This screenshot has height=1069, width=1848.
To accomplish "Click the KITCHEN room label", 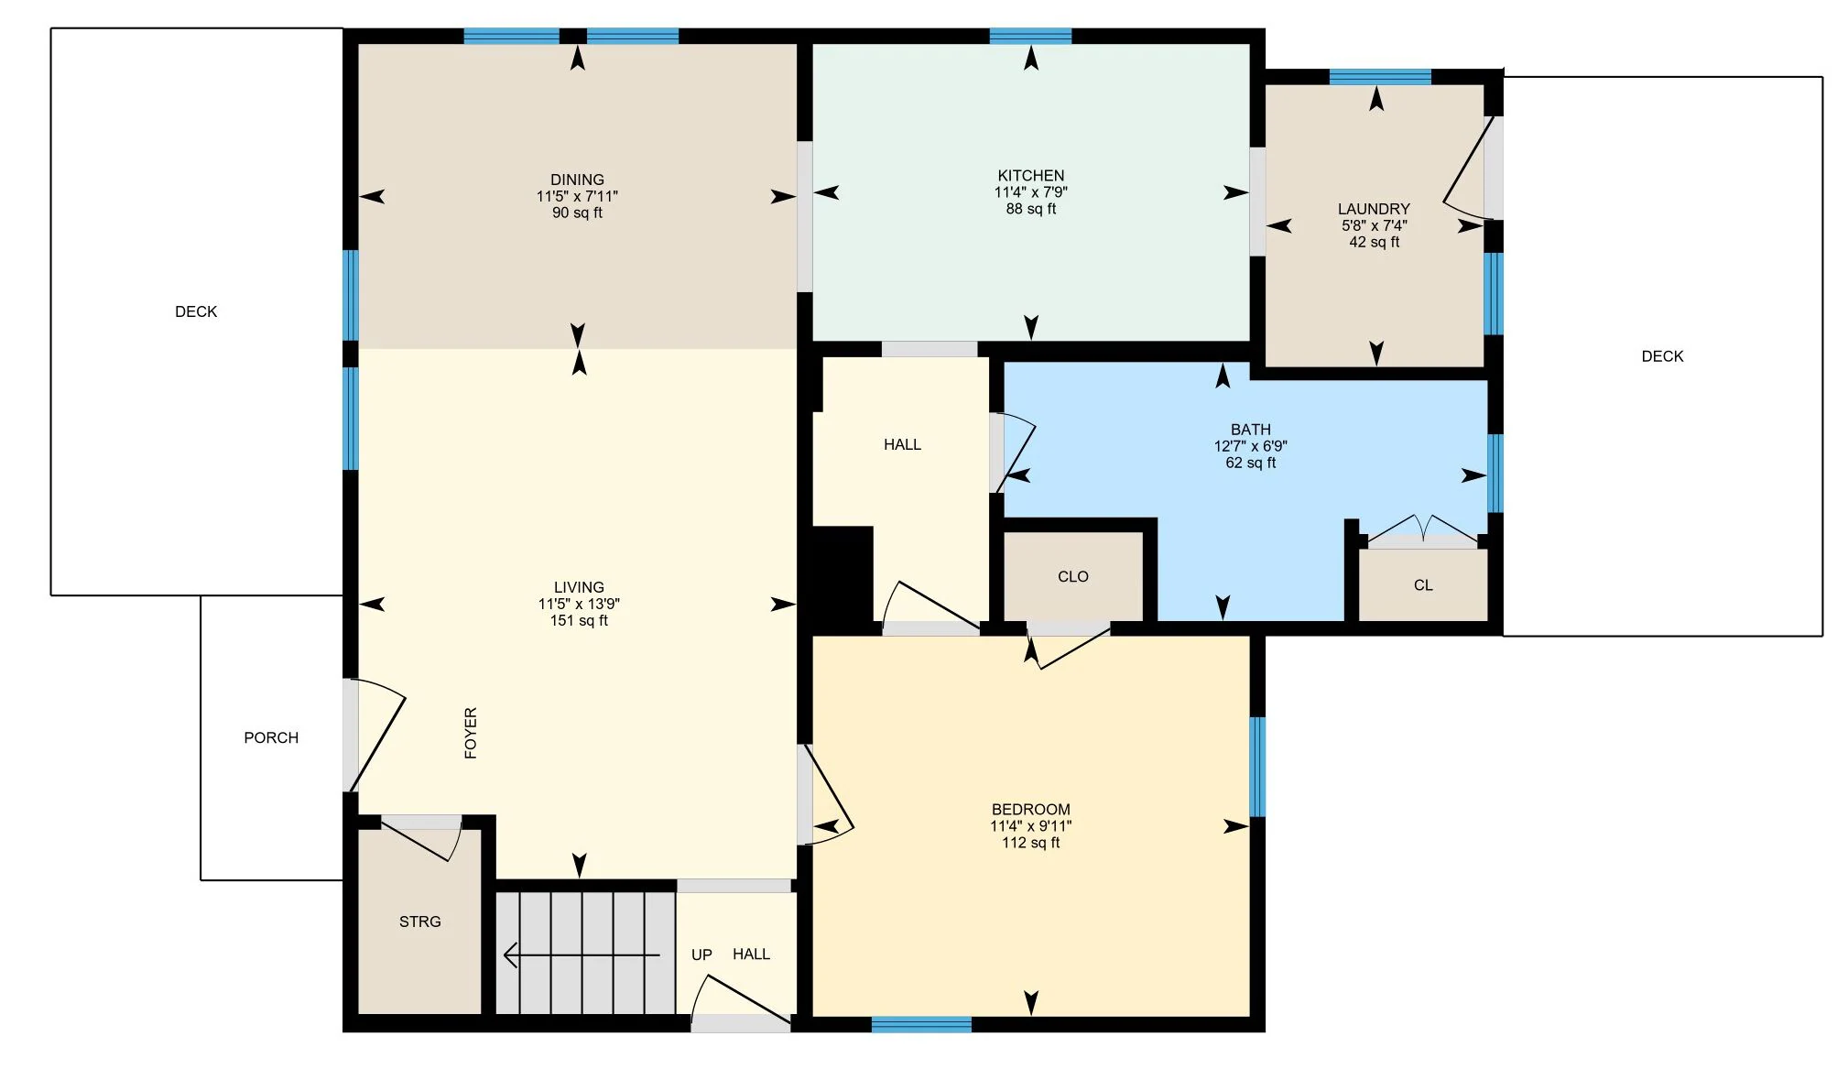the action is click(1030, 176).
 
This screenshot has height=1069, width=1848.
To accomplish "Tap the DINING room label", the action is click(577, 180).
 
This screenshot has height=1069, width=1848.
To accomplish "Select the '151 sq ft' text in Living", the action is click(579, 620).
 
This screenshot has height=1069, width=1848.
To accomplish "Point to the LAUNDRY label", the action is click(1374, 209).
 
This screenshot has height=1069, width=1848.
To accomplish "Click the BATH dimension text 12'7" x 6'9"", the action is click(1250, 446).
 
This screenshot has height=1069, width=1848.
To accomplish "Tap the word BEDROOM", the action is click(1030, 810).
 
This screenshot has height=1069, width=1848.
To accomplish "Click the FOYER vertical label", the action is click(471, 733).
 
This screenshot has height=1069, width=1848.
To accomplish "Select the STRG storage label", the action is click(419, 922).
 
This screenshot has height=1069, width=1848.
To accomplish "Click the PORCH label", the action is click(271, 737).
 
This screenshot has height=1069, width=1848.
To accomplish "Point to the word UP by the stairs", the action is click(701, 954).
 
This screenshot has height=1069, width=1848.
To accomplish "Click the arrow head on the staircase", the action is click(510, 955).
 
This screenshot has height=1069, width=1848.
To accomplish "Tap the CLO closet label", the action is click(1072, 576).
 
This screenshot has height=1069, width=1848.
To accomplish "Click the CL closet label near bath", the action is click(1422, 585).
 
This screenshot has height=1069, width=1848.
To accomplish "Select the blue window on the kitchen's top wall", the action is click(1030, 37).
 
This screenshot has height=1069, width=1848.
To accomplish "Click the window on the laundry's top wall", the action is click(1379, 77).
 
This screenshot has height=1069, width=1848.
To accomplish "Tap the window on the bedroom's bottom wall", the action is click(921, 1024).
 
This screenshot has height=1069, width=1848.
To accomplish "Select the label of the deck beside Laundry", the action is click(1662, 356).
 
